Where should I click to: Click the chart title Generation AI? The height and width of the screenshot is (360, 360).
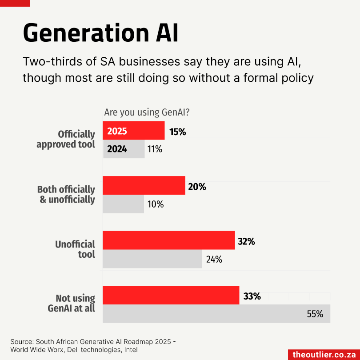pyautogui.click(x=100, y=33)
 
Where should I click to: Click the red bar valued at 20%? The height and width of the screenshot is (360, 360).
pyautogui.click(x=144, y=185)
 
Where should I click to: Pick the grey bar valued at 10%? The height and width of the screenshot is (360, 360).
pyautogui.click(x=123, y=204)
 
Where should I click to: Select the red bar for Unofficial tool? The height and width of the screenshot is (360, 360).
pyautogui.click(x=169, y=240)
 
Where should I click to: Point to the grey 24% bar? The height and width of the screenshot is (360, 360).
pyautogui.click(x=152, y=259)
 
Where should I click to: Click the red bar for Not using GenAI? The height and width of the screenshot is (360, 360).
pyautogui.click(x=171, y=295)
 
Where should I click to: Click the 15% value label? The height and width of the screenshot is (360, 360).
pyautogui.click(x=177, y=132)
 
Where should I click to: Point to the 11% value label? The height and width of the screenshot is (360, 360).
pyautogui.click(x=155, y=149)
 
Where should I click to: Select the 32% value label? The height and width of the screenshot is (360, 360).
pyautogui.click(x=246, y=242)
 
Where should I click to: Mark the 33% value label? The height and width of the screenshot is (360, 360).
pyautogui.click(x=252, y=296)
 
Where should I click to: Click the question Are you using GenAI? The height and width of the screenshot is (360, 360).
pyautogui.click(x=147, y=112)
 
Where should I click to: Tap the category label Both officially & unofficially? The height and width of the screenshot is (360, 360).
pyautogui.click(x=66, y=195)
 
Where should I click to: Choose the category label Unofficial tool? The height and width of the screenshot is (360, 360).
pyautogui.click(x=75, y=249)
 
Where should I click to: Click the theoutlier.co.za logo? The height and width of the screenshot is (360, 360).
pyautogui.click(x=324, y=354)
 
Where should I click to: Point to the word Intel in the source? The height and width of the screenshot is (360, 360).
pyautogui.click(x=131, y=350)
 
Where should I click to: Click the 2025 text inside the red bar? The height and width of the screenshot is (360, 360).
pyautogui.click(x=117, y=131)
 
